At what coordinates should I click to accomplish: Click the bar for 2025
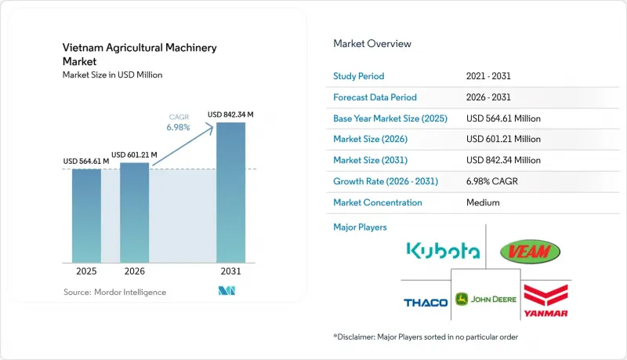pyautogui.click(x=86, y=216)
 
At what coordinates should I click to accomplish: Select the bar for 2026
pyautogui.click(x=134, y=213)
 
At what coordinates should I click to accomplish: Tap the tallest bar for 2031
pyautogui.click(x=230, y=193)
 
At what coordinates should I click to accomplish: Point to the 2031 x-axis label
pyautogui.click(x=230, y=271)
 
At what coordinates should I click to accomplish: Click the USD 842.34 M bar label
pyautogui.click(x=230, y=115)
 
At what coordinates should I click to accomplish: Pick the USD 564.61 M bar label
pyautogui.click(x=86, y=162)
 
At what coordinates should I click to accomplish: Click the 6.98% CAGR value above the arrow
pyautogui.click(x=179, y=127)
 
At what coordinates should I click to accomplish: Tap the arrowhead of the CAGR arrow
pyautogui.click(x=210, y=127)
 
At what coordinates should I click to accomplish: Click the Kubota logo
pyautogui.click(x=443, y=250)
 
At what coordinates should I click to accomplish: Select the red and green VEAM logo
pyautogui.click(x=531, y=252)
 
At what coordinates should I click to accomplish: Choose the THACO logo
pyautogui.click(x=426, y=303)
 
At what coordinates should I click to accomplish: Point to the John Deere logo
pyautogui.click(x=486, y=299)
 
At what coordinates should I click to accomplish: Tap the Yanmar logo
pyautogui.click(x=545, y=301)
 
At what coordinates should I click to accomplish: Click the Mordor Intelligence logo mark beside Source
pyautogui.click(x=227, y=291)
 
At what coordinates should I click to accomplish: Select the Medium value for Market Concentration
pyautogui.click(x=483, y=202)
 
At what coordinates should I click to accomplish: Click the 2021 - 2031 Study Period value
pyautogui.click(x=488, y=76)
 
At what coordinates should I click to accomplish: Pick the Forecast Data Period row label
pyautogui.click(x=375, y=97)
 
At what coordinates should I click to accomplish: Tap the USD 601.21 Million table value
pyautogui.click(x=503, y=139)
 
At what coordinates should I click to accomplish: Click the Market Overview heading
pyautogui.click(x=372, y=44)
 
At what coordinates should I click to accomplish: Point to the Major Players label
pyautogui.click(x=360, y=227)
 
